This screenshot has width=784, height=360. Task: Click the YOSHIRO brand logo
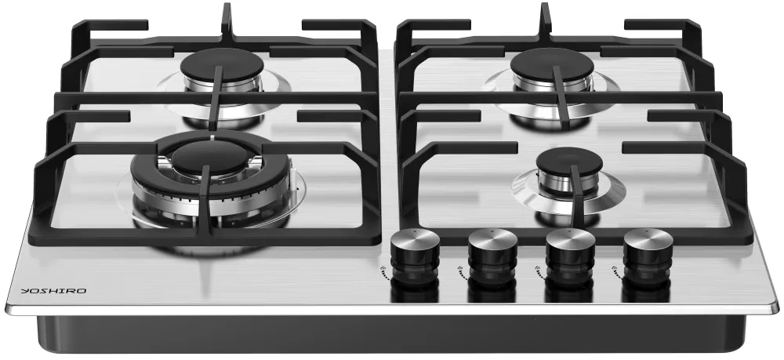(x=53, y=291)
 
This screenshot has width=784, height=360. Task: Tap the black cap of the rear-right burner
(x=552, y=64)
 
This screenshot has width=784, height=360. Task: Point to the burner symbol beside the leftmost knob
(x=383, y=272)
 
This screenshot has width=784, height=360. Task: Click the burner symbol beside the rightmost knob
(x=616, y=272)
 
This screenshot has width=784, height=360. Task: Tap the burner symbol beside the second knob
(x=461, y=272)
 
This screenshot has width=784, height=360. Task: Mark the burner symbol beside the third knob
(x=539, y=272)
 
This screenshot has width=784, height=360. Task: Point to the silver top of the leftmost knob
(x=415, y=238)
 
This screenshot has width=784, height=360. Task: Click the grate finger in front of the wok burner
(x=205, y=200)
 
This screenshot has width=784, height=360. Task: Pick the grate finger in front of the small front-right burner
(x=578, y=198)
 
